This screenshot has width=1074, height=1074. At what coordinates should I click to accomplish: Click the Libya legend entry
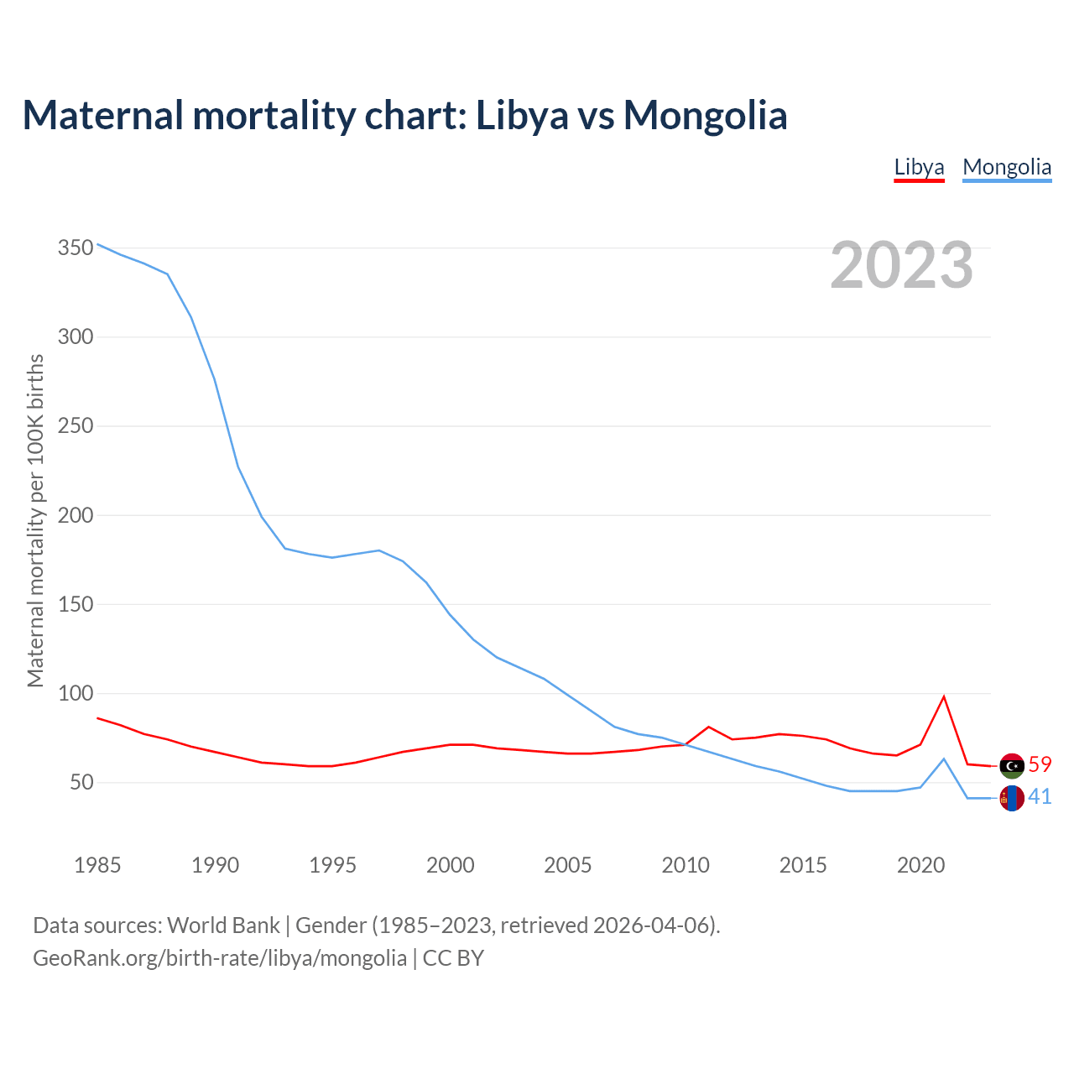click(919, 167)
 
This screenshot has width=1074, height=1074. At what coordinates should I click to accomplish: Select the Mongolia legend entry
click(1007, 167)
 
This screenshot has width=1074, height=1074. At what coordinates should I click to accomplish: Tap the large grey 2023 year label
click(902, 265)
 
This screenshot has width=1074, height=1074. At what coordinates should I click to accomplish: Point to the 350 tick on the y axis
click(75, 248)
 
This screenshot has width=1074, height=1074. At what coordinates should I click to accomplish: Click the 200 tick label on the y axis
click(75, 515)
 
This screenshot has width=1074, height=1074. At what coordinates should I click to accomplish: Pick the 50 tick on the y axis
click(81, 783)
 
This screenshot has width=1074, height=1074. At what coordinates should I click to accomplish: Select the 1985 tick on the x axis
click(97, 865)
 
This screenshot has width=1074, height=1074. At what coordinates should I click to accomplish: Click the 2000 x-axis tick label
click(451, 865)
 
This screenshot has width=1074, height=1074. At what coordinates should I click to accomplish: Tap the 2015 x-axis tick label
click(803, 865)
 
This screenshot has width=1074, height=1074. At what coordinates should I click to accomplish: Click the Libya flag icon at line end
click(1012, 765)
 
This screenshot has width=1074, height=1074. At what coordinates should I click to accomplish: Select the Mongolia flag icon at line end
click(1012, 798)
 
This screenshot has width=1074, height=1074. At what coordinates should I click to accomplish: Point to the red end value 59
click(1040, 764)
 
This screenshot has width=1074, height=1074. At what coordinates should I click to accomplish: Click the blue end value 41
click(1040, 796)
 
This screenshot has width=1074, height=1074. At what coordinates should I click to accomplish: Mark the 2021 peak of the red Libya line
click(944, 696)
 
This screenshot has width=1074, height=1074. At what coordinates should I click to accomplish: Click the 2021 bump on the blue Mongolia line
click(944, 759)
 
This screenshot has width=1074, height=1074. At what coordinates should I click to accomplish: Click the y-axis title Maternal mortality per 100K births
click(35, 520)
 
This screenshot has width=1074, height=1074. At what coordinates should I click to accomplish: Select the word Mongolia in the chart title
click(705, 115)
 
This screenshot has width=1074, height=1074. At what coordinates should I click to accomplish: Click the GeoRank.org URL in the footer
click(220, 958)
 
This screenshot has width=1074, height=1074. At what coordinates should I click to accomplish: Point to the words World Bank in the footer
click(223, 925)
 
